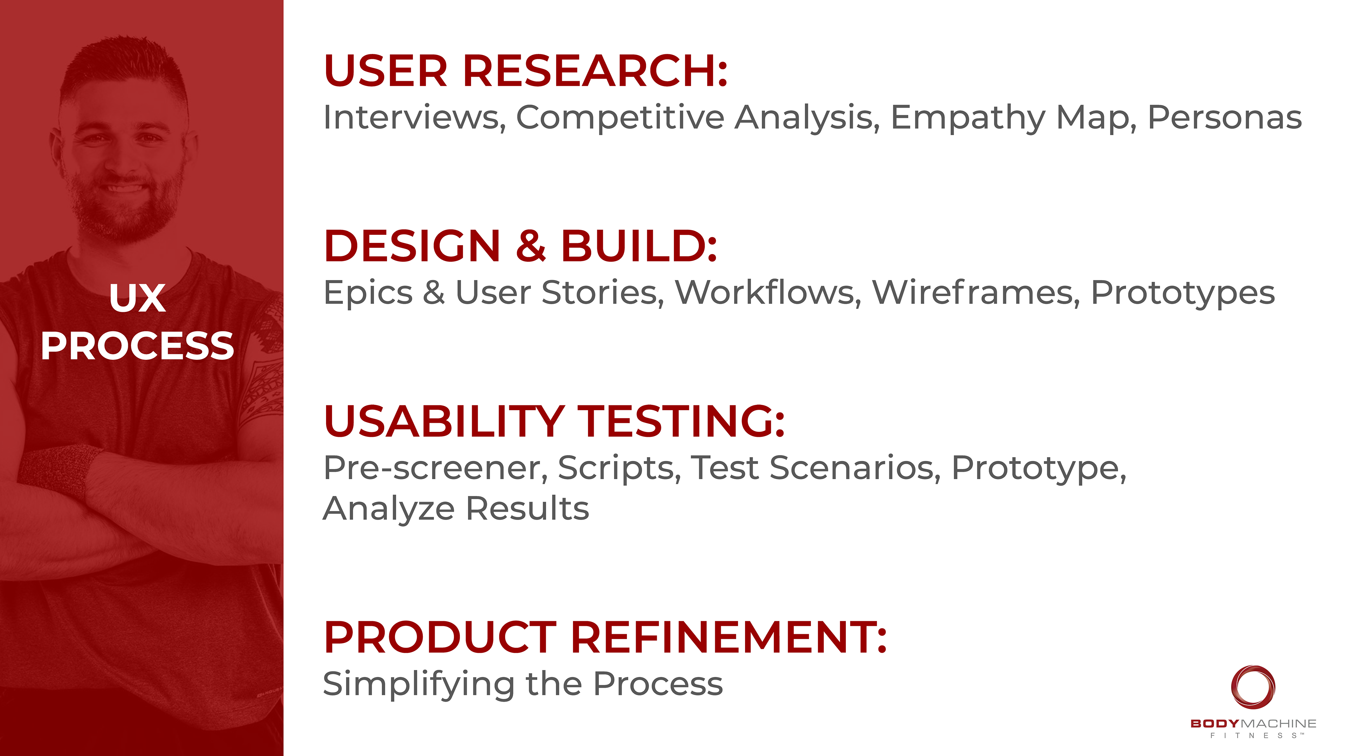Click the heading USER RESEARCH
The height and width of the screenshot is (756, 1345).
click(525, 71)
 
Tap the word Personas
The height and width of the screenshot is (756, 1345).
click(1225, 118)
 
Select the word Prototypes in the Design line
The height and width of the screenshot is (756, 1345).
click(1182, 294)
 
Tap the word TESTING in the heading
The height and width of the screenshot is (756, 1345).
click(681, 421)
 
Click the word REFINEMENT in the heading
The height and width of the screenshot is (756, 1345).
click(729, 638)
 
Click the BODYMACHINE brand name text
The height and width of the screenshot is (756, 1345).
click(1253, 724)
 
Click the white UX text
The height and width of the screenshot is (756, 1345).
click(138, 299)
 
